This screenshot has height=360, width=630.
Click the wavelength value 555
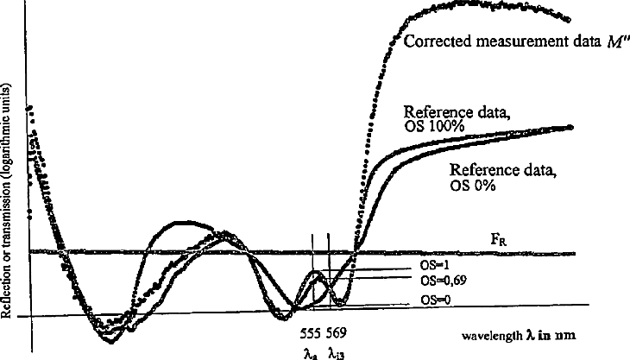pos(312,332)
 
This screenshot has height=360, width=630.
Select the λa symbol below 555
pos(311,351)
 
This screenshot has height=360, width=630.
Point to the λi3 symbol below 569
pos(337,351)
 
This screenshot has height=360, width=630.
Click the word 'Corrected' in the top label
pos(432,41)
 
